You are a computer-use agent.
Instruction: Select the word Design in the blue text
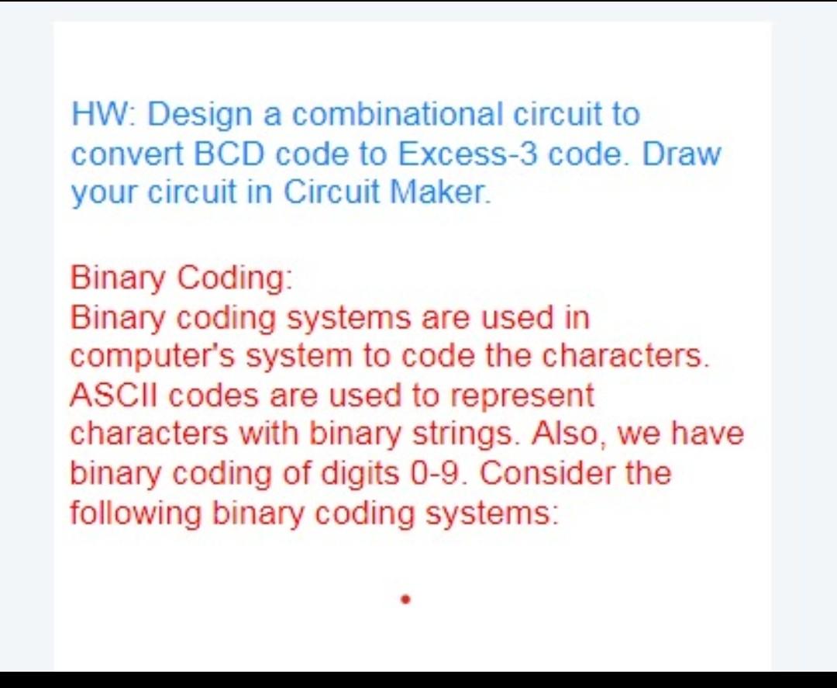199,115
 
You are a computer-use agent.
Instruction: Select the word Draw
681,154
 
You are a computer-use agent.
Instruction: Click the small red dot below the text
405,599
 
